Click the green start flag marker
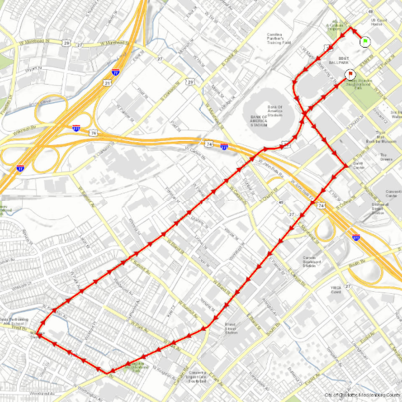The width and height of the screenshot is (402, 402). [365, 41]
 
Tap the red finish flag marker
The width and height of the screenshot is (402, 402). [350, 74]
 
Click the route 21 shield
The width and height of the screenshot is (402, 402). [106, 83]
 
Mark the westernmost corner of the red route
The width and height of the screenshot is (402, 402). [41, 336]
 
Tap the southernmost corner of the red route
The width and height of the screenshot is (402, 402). [110, 371]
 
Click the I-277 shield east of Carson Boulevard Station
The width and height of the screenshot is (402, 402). [356, 236]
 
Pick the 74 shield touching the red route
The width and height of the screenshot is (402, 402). [323, 204]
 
